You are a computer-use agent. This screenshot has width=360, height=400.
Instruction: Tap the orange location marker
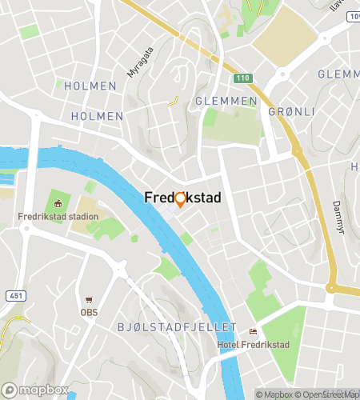coord(180,200)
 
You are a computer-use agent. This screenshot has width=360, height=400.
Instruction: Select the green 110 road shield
coord(242,78)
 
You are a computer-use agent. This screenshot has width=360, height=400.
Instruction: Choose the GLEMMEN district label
coord(226,102)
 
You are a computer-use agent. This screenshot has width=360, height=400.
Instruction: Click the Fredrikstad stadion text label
coord(58,217)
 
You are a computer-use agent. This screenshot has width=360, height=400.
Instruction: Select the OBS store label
coord(89,313)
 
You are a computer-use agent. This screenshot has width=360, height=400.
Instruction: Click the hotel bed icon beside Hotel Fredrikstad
coord(254,332)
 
